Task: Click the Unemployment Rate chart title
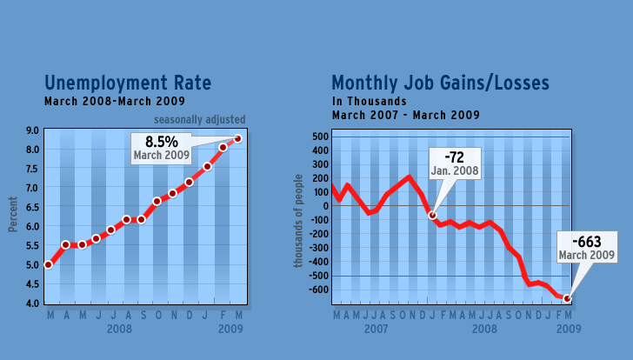click(x=128, y=83)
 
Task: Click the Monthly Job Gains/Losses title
click(x=440, y=83)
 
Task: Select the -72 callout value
click(x=454, y=157)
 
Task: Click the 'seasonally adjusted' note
click(x=200, y=119)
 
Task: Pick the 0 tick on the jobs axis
click(x=323, y=206)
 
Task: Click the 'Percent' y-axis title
click(x=13, y=217)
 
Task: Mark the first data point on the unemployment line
click(x=49, y=264)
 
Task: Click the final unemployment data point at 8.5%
click(x=238, y=138)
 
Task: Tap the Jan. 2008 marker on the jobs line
click(x=431, y=215)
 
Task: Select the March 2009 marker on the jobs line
click(x=568, y=299)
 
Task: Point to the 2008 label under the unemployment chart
click(x=120, y=330)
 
